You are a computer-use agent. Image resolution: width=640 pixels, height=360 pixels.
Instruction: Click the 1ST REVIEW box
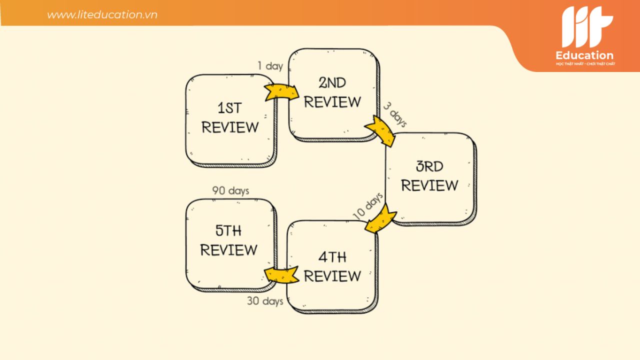pos(231,120)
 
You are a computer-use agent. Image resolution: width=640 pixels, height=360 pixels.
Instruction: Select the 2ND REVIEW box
pos(333,95)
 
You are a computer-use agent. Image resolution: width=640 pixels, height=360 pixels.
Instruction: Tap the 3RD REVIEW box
pos(431,179)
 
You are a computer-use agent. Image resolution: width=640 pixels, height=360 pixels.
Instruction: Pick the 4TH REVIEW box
pos(332,266)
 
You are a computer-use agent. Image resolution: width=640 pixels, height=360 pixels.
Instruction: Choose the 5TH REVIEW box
pos(231,245)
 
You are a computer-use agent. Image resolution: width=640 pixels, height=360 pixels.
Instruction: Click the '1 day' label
pos(270,66)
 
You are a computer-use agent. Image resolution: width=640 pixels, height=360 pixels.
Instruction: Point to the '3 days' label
pos(395,114)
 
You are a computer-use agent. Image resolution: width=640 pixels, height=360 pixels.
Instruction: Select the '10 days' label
pos(367,205)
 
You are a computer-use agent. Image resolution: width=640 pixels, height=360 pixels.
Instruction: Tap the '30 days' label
pos(265,301)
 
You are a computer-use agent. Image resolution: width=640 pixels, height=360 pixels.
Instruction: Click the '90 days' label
pos(230,190)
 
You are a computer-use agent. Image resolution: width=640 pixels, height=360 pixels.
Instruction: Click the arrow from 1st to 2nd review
pos(281,92)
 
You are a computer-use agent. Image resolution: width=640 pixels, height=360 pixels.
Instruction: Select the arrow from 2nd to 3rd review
pos(380,131)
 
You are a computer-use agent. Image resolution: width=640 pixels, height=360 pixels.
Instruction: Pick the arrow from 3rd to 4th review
pos(380,218)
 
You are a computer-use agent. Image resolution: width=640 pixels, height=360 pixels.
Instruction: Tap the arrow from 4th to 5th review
pos(281,274)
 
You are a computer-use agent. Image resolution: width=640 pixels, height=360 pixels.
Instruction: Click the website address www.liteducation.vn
pos(102,14)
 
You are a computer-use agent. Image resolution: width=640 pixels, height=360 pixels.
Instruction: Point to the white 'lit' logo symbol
pos(587,27)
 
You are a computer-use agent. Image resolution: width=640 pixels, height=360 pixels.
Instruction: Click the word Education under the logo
pos(584,55)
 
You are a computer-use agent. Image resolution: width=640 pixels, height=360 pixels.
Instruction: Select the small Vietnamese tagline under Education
pos(585,63)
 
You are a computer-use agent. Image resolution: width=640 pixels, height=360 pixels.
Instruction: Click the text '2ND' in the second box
pos(332,83)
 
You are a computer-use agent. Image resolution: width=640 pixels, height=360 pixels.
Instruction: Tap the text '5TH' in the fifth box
pos(228,230)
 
